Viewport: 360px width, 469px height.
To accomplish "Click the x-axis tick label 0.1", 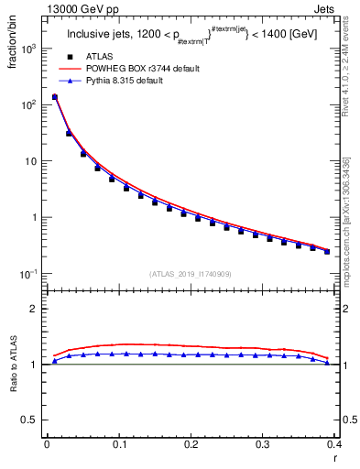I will (x=118, y=444).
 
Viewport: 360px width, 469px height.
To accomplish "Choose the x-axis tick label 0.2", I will (x=191, y=444).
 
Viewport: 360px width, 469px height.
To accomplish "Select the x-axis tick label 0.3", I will (x=263, y=444).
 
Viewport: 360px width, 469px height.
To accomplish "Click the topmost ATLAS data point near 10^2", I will (x=54, y=97).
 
